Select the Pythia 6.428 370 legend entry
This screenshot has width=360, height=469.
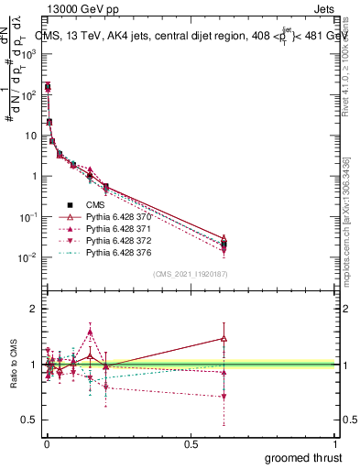click(115, 217)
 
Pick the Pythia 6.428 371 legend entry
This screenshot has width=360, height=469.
click(115, 229)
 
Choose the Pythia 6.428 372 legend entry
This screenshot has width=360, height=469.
click(115, 241)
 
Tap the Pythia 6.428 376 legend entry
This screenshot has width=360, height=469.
click(115, 253)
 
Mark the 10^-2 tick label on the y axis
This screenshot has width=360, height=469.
click(24, 257)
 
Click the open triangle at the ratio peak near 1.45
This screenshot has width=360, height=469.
click(224, 338)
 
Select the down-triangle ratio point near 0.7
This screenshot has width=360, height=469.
click(224, 397)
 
